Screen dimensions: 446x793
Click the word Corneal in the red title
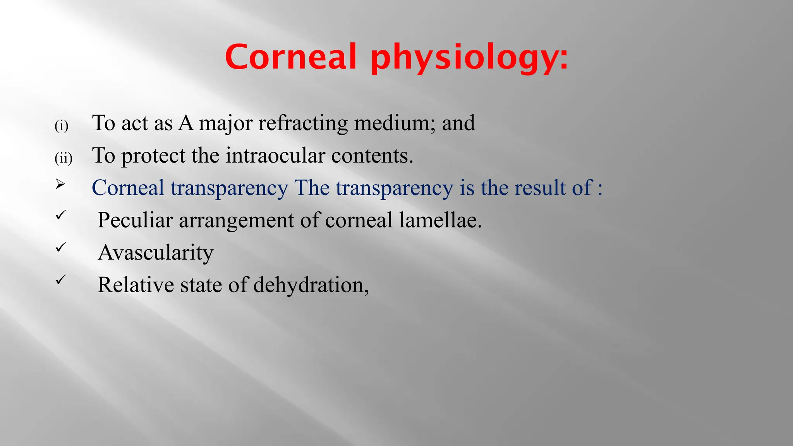coord(290,57)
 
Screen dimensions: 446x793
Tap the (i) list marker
coord(61,126)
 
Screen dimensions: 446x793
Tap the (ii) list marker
coord(63,158)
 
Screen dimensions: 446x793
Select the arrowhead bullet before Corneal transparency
coord(60,184)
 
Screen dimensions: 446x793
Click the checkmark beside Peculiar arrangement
coord(60,215)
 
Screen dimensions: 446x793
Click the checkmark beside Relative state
coord(60,280)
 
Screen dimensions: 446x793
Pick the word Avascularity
coord(156,253)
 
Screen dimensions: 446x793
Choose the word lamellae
coord(440,220)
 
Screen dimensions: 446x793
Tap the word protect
coord(153,156)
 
